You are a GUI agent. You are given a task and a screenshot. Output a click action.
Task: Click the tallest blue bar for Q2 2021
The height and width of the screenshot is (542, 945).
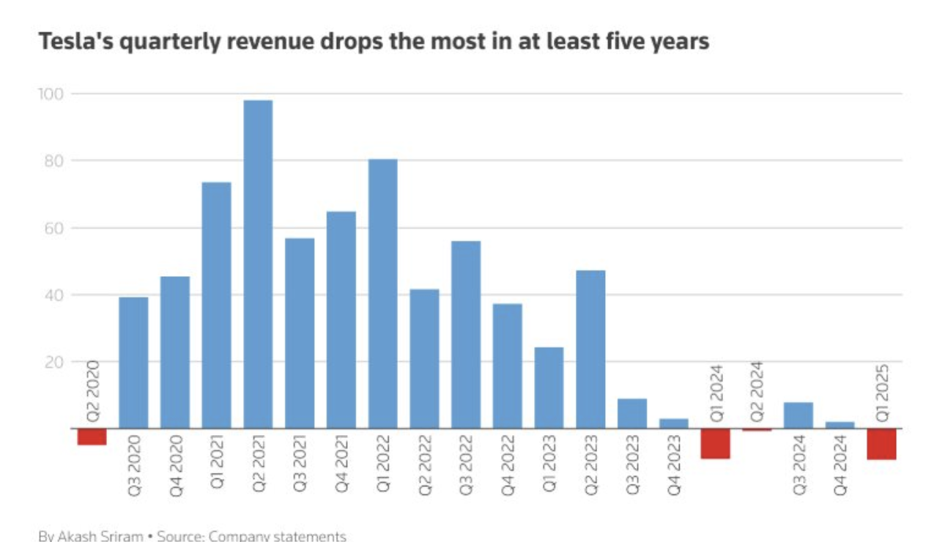[x=258, y=264]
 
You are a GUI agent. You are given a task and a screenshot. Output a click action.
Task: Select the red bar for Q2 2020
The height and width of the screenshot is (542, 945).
[x=92, y=437]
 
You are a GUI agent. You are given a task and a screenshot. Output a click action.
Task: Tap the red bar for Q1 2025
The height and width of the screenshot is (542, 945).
[x=881, y=444]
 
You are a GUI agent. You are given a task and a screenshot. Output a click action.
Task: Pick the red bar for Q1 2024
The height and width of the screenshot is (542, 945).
[x=715, y=443]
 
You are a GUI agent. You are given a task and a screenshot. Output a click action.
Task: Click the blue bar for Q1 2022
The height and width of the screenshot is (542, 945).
[x=382, y=293]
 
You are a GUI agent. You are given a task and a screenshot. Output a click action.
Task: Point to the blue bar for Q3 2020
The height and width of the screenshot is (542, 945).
[x=133, y=363]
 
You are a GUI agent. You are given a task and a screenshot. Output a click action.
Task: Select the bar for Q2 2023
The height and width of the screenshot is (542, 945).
[x=590, y=349]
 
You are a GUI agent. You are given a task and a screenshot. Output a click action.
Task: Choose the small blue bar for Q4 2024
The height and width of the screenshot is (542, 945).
[x=840, y=425]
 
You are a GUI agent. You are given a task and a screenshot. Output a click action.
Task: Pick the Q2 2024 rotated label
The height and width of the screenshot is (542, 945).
[x=757, y=390]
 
